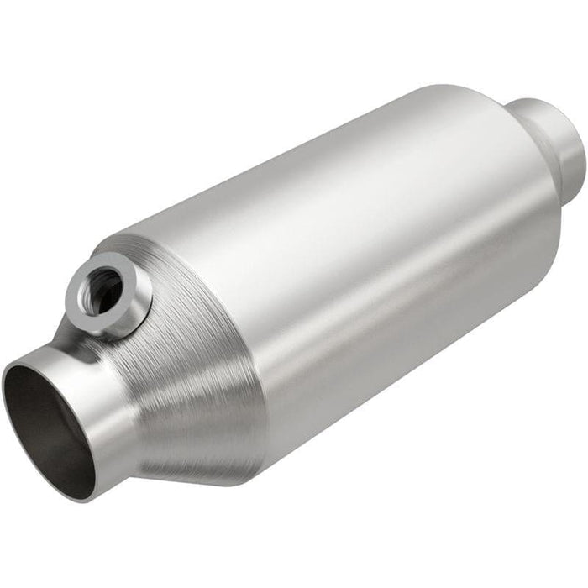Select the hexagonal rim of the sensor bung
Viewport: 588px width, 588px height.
click(126, 277)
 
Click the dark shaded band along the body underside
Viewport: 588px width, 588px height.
click(403, 370)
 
